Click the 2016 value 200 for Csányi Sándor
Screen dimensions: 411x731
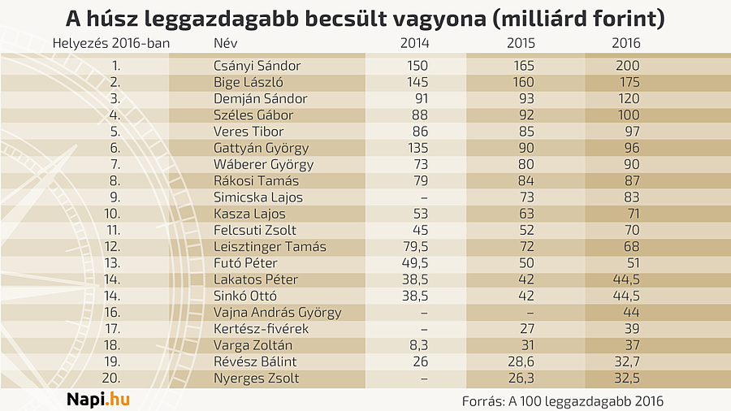628,66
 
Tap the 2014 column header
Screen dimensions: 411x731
415,43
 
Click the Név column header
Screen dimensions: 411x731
225,43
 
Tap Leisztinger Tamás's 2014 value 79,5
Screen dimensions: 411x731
415,247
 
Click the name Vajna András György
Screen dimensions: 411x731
277,313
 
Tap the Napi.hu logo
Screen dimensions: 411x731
97,399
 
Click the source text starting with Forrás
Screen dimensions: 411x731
562,400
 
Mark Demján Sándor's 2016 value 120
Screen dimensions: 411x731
628,98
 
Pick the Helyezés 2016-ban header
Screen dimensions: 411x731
111,43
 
